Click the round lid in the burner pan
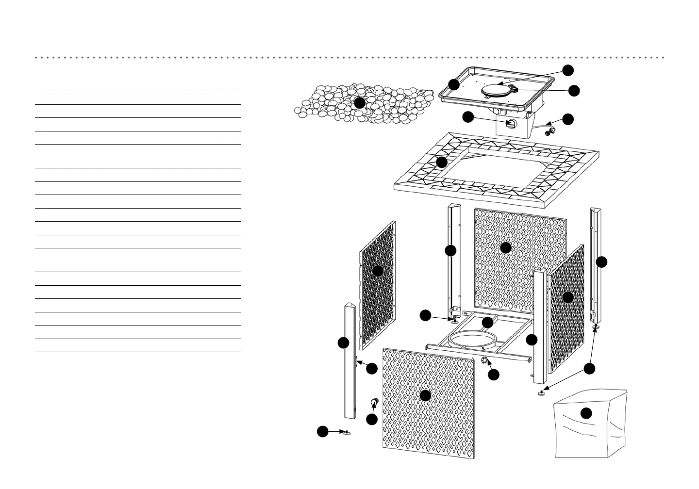494,91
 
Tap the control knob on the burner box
511,123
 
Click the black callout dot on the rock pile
359,103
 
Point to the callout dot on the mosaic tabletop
442,162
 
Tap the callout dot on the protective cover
586,413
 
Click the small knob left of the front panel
375,401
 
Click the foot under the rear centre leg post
455,321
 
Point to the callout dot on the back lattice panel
506,247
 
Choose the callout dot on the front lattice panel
425,395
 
